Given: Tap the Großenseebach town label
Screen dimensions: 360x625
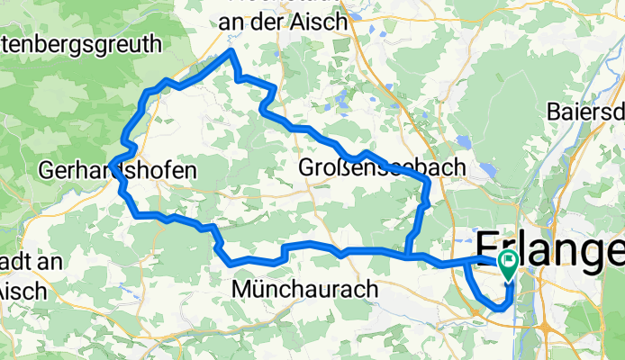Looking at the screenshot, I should coord(382,167).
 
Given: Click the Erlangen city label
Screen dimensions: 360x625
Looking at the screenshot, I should coord(549,247).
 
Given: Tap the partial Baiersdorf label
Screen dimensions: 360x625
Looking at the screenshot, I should coord(585,112).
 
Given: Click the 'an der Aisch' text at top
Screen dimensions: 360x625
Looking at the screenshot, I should coord(284,22).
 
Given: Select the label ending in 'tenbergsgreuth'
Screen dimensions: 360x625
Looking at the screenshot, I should coord(81,43).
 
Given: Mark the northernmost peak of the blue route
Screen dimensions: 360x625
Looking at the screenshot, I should coord(231,52).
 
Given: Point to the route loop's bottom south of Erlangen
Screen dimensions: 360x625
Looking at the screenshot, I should coord(498,309).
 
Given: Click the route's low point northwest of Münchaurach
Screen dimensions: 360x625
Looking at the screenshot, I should coord(236,263).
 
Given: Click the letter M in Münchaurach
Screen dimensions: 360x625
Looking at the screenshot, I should coord(241,289).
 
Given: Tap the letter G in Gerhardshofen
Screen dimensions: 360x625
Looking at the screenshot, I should coord(47,168).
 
